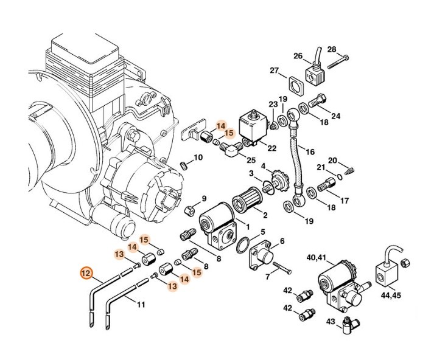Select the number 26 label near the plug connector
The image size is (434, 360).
pos(298,57)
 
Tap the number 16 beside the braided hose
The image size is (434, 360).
pos(310,151)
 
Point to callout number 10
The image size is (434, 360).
pos(198,158)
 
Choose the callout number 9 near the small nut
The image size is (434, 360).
pos(204,198)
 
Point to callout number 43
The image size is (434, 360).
pos(331,320)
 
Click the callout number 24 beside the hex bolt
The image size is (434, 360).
pos(335,116)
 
